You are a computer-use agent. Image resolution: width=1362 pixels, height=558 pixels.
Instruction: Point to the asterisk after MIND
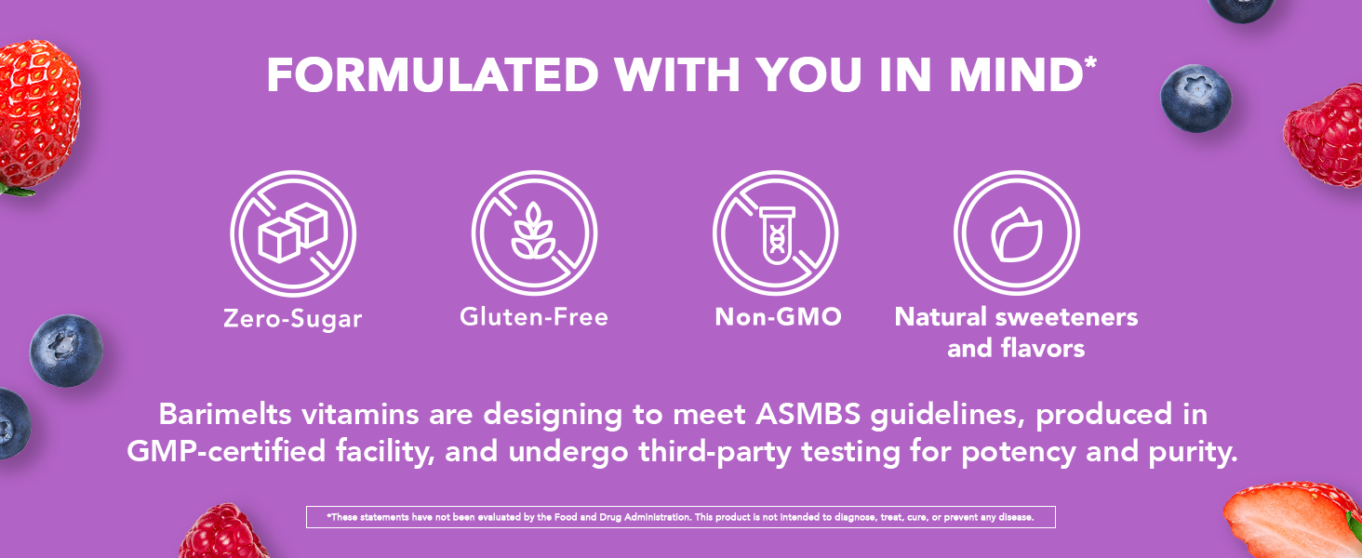[x=1090, y=63]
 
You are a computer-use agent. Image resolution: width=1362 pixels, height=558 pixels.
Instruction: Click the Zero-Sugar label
[x=293, y=319]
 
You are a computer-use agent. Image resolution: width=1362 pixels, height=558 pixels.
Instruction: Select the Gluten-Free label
[x=534, y=317]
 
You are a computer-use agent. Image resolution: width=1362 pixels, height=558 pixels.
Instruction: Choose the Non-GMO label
[x=778, y=317]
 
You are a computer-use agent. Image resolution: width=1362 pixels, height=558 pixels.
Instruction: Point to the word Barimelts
[x=222, y=414]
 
